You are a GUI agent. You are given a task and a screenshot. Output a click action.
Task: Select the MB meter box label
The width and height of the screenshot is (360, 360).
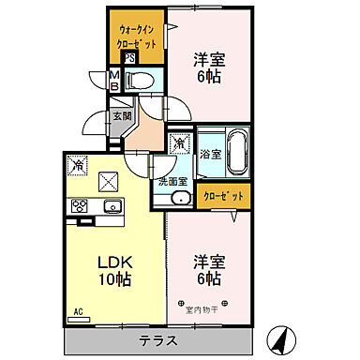pyautogui.click(x=114, y=81)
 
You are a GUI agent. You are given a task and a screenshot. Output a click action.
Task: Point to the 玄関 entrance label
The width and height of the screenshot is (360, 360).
pyautogui.click(x=121, y=116)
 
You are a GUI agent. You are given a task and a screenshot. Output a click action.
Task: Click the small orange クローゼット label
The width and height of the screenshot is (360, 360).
pyautogui.click(x=224, y=196)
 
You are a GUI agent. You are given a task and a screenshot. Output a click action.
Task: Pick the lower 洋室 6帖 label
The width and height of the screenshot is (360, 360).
pyautogui.click(x=207, y=269)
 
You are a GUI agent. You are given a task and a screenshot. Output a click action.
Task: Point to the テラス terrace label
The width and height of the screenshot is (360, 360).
pyautogui.click(x=157, y=340)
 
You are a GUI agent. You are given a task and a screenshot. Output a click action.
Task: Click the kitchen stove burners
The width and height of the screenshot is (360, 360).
pyautogui.click(x=77, y=206)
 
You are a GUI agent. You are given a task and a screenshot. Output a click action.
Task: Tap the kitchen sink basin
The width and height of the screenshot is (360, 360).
pyautogui.click(x=112, y=206)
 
